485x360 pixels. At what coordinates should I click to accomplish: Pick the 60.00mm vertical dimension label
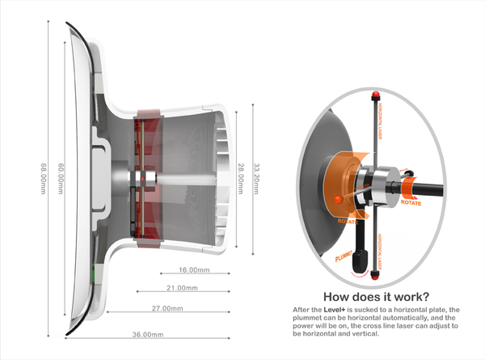(61, 179)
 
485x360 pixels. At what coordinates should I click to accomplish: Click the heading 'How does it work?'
(375, 296)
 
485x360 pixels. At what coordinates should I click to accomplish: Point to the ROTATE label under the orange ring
(348, 219)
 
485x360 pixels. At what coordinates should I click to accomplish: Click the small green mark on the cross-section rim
(94, 269)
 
